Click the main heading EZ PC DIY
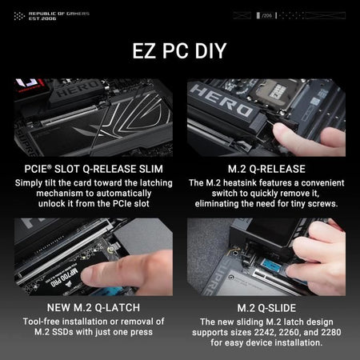click(x=179, y=51)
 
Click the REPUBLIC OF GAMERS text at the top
click(x=58, y=13)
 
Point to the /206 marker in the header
click(x=266, y=15)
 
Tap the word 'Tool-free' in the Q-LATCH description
click(x=39, y=322)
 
